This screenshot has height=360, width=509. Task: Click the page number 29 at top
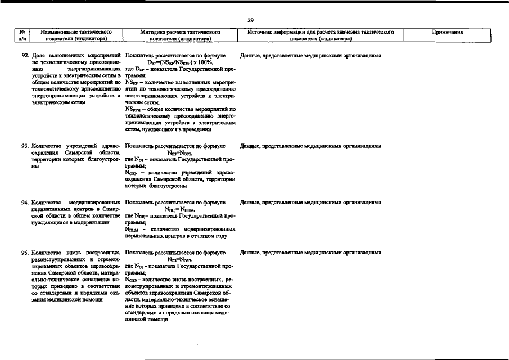pos(251,21)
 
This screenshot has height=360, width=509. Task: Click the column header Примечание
pos(447,33)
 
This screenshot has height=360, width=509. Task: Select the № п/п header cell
pos(22,36)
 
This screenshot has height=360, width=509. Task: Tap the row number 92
pos(25,56)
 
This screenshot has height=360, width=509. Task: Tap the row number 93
pos(25,146)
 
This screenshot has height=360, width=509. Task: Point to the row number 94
pos(25,202)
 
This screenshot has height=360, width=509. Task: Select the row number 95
pos(25,253)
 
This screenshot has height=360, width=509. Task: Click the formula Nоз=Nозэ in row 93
pos(180,153)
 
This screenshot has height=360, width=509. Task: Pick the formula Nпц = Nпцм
pos(179,209)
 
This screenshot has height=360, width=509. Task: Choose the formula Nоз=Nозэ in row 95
pos(180,260)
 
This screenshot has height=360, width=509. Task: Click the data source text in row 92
pos(310,56)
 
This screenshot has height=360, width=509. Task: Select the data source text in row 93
pos(310,146)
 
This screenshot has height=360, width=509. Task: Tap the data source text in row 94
pos(310,202)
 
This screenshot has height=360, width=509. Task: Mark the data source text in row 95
pos(310,253)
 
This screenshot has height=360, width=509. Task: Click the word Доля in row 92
pos(39,56)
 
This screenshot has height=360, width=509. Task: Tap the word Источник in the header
pos(260,33)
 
